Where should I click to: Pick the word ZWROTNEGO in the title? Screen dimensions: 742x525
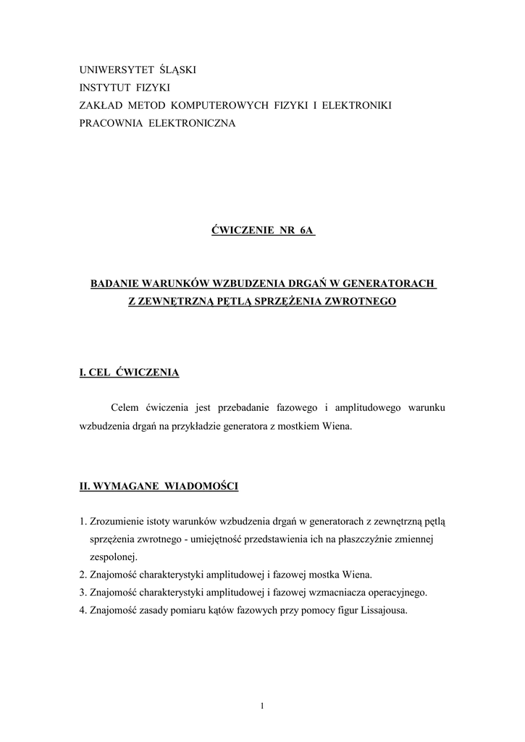363,301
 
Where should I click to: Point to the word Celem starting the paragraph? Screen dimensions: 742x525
125,408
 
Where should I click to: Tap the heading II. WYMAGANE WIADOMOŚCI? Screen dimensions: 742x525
158,485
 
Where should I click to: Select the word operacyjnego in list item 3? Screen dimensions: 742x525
392,592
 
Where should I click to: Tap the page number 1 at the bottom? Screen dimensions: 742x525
262,706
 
